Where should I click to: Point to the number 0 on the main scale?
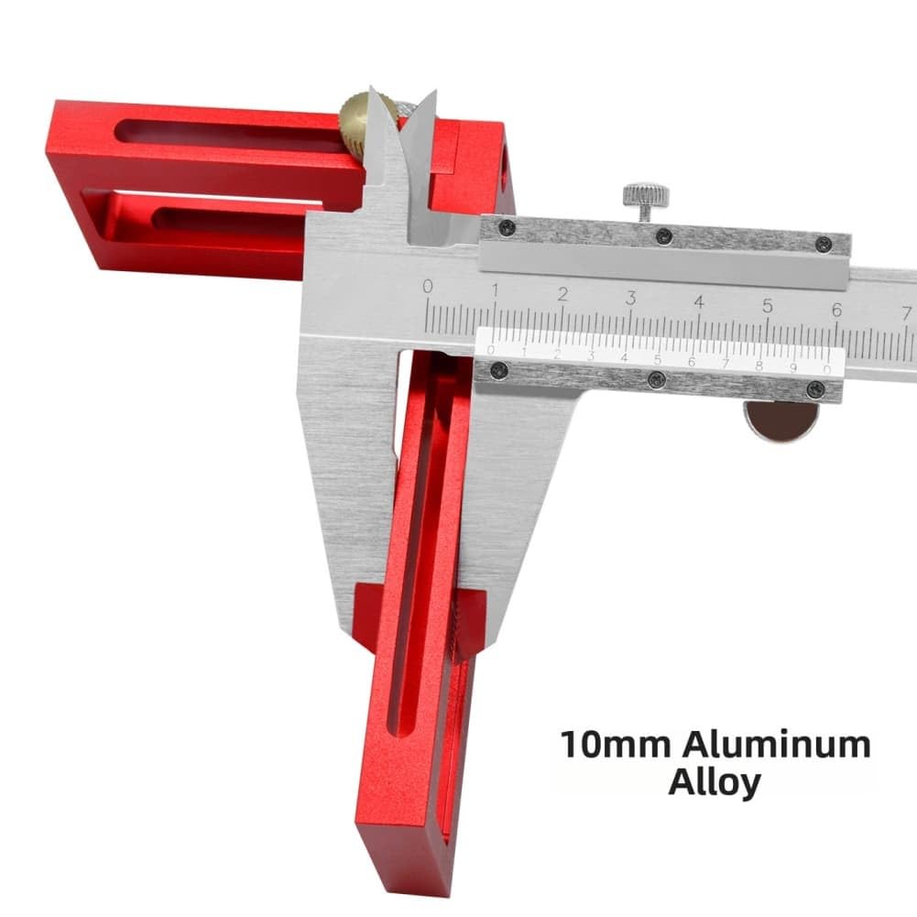pyautogui.click(x=428, y=287)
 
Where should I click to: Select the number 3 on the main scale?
pyautogui.click(x=630, y=298)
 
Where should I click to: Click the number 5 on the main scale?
pyautogui.click(x=768, y=306)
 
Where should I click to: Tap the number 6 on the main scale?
pyautogui.click(x=836, y=310)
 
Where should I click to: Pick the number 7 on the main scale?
pyautogui.click(x=906, y=313)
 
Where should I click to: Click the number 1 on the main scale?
pyautogui.click(x=495, y=290)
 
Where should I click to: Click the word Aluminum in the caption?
pyautogui.click(x=776, y=745)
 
